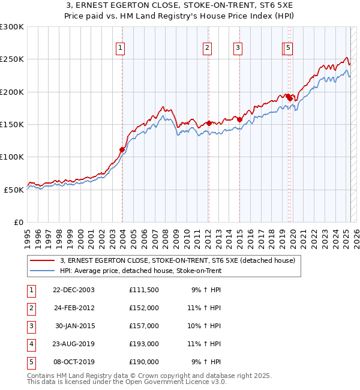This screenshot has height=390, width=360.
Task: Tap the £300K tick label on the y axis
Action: point(12,27)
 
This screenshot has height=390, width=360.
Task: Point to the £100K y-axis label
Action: point(12,157)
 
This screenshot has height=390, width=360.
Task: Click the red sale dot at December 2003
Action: point(122,149)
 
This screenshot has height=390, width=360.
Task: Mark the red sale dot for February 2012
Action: point(208,123)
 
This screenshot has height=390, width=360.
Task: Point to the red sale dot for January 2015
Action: point(239,119)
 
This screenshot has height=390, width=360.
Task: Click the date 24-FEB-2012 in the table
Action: point(74,308)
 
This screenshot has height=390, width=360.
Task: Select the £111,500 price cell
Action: point(143,290)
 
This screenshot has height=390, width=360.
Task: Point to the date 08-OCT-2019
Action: point(74,362)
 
